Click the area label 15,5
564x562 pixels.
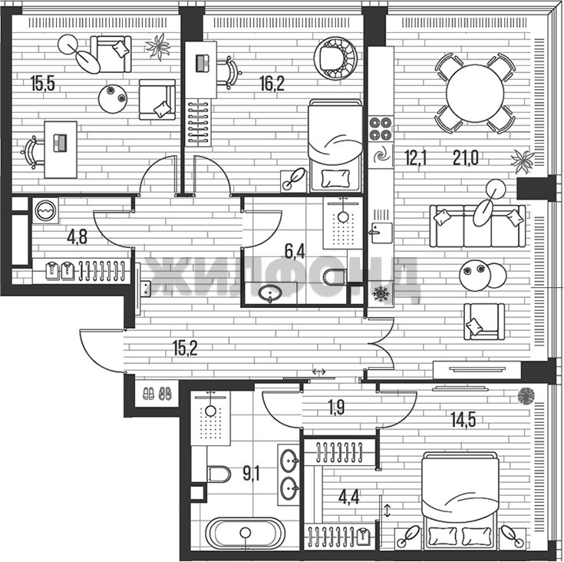coord(43,84)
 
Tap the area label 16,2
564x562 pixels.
coord(272,84)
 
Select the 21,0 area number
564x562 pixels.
coord(466,158)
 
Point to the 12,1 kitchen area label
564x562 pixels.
coord(415,158)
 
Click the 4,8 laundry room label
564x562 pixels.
coord(78,237)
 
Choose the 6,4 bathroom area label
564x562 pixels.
coord(295,252)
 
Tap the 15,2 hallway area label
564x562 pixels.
coord(185,349)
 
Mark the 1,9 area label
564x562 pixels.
coord(336,408)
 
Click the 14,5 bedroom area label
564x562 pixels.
coord(463,419)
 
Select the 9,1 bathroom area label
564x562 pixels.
coord(252,473)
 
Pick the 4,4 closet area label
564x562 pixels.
coord(348,498)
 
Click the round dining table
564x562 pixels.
coord(475,94)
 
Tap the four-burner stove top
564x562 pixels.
coord(381,128)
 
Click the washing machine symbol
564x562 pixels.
coord(46,210)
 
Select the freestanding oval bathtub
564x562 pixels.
coord(246,534)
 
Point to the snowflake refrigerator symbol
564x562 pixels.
coord(381,293)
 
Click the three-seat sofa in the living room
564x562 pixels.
coord(477,226)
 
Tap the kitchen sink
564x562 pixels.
coord(381,233)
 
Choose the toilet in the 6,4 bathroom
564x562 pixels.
coord(335,277)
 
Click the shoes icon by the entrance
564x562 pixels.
coord(157,393)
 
